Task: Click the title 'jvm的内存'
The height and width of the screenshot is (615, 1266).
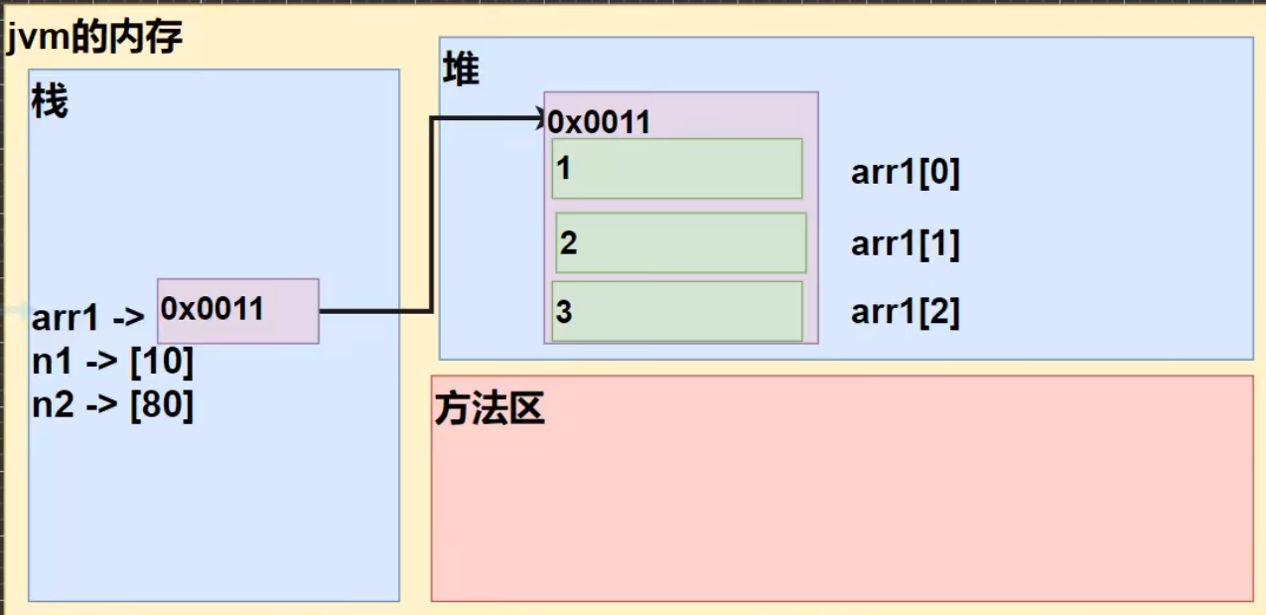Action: click(x=94, y=39)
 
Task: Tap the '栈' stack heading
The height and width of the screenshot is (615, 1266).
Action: click(x=50, y=101)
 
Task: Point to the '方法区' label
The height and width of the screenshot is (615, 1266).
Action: click(x=490, y=409)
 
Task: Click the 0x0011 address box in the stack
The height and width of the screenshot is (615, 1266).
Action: click(x=238, y=311)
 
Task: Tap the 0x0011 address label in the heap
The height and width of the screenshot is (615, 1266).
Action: click(x=600, y=122)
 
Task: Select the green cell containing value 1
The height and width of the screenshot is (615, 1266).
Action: click(x=677, y=168)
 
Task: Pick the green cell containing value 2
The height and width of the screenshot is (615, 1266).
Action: click(x=681, y=242)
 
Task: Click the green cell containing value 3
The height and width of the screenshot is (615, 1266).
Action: click(x=677, y=311)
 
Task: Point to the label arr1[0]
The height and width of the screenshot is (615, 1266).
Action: click(x=905, y=173)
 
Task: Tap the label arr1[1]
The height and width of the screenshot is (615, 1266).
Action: click(x=905, y=243)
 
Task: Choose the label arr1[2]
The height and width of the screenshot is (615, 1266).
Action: click(x=905, y=312)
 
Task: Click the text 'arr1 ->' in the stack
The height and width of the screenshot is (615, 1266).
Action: click(x=88, y=318)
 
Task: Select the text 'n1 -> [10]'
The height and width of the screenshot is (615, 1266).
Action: click(x=112, y=363)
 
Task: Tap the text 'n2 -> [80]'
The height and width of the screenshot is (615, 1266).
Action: click(x=112, y=406)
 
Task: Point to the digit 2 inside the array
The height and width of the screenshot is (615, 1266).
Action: click(x=568, y=242)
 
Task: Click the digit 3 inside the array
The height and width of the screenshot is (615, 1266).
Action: click(x=564, y=312)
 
